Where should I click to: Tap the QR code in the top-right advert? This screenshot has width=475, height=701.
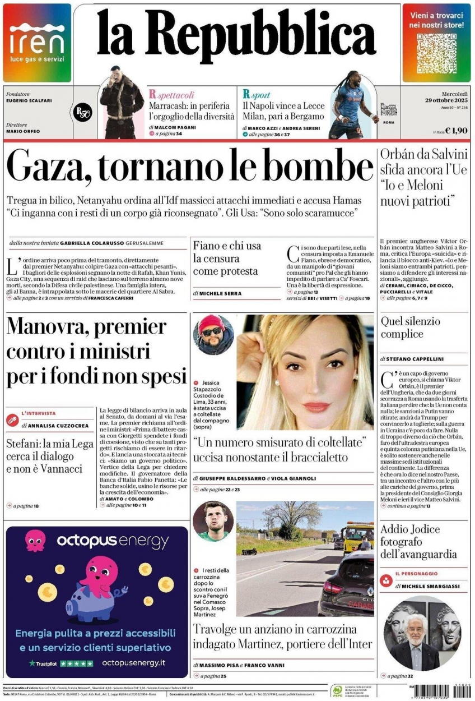(x=436, y=54)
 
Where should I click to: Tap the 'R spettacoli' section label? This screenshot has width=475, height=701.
(x=171, y=95)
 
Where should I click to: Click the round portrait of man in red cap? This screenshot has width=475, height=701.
(x=213, y=335)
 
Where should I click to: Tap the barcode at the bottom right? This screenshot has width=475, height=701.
(x=448, y=690)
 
